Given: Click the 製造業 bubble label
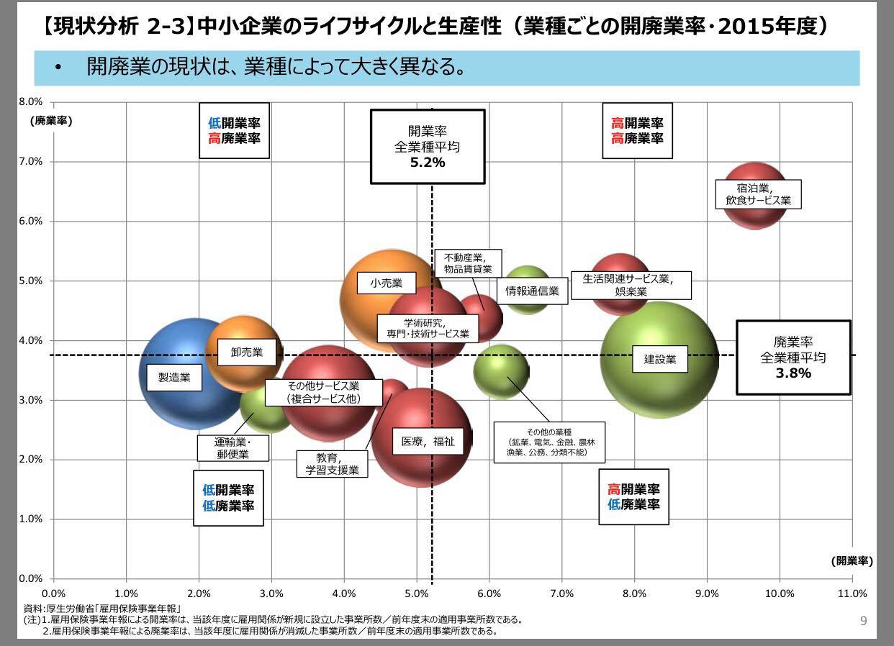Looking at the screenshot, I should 174,377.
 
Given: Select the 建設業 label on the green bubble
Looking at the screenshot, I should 659,359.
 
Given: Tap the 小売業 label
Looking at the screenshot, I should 387,283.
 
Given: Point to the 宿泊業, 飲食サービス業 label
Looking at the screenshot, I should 758,194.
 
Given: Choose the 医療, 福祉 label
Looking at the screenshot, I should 428,442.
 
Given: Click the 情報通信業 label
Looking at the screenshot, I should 532,291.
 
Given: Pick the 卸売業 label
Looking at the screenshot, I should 246,352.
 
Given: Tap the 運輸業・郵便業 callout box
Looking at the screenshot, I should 232,447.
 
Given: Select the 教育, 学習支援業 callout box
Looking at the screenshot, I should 332,463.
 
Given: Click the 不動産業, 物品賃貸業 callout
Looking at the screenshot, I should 468,263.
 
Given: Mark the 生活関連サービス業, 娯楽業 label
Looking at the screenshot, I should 631,285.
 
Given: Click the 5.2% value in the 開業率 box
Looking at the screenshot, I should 427,163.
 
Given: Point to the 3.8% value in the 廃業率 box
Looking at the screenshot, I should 793,373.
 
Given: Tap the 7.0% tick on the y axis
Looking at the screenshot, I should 31,161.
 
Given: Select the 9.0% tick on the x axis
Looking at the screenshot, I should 707,593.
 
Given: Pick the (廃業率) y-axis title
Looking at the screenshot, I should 51,120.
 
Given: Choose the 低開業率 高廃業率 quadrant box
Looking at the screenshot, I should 234,131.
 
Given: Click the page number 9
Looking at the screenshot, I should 864,620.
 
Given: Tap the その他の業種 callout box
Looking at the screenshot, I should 548,440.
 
